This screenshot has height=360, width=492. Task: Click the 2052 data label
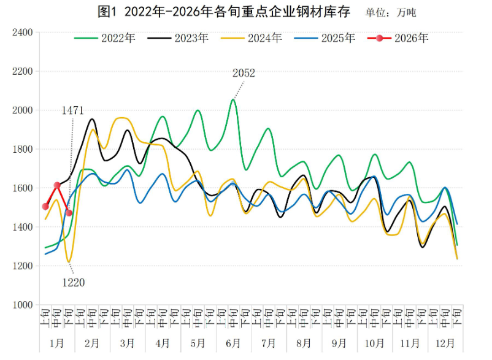click(244, 73)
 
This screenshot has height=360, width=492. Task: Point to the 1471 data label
click(72, 110)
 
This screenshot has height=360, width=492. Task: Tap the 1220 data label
click(73, 283)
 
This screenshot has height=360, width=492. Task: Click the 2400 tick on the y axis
click(22, 32)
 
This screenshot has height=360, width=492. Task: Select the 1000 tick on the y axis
click(22, 305)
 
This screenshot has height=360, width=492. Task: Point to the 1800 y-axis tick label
click(22, 149)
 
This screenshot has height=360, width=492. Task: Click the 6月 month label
click(233, 343)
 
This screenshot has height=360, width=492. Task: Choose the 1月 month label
click(57, 343)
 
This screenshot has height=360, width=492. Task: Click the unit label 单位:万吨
click(390, 12)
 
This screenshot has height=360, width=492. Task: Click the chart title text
click(224, 11)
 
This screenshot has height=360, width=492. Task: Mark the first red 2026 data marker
click(45, 207)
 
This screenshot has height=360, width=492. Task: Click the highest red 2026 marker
click(57, 185)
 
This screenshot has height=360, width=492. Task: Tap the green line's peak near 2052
click(233, 99)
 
